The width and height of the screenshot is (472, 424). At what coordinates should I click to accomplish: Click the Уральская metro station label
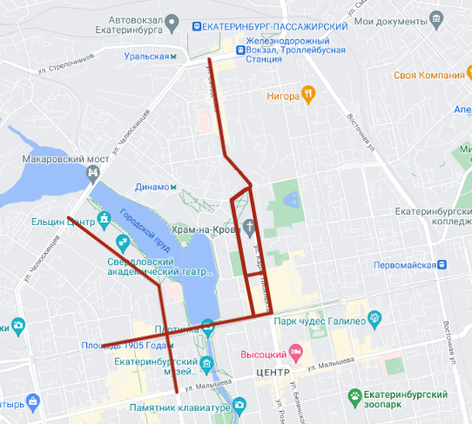tap(145, 56)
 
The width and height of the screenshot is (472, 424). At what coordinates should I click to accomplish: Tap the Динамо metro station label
tap(157, 187)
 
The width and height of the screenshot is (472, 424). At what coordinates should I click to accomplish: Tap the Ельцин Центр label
tap(60, 221)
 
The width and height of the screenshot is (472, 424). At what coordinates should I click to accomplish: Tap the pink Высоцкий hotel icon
tap(295, 353)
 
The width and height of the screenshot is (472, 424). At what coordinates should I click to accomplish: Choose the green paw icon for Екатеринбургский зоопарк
tap(356, 397)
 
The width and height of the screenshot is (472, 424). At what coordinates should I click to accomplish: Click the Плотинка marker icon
tap(207, 328)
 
